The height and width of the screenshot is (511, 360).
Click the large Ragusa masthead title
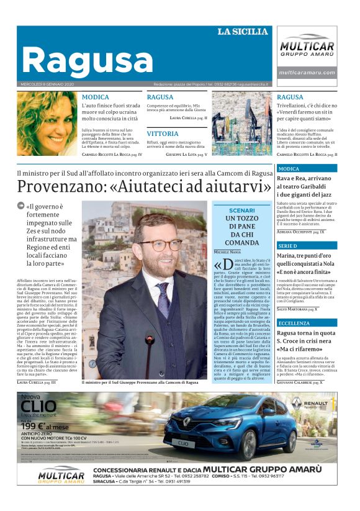coord(86,60)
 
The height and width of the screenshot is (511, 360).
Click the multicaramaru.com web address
coord(308,73)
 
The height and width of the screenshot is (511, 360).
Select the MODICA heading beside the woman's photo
coord(95,97)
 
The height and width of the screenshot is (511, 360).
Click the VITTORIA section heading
coord(163,133)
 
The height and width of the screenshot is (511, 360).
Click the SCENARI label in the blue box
coord(241,211)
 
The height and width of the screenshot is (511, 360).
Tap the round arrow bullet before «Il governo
coord(20,206)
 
